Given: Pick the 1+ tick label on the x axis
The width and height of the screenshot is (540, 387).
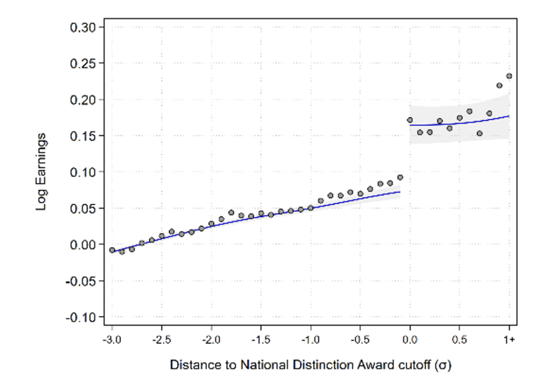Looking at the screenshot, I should click(x=509, y=340).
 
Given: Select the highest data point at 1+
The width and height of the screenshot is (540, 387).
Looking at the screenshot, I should click(x=509, y=76).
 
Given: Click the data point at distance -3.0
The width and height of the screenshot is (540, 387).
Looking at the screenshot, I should click(x=112, y=250).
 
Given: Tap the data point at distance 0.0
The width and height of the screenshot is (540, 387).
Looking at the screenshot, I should click(x=410, y=120).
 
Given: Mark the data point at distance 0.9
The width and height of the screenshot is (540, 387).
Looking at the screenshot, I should click(x=499, y=85).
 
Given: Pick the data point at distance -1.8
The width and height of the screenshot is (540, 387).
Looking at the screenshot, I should click(x=231, y=213).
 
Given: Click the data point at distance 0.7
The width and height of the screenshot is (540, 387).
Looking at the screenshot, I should click(x=479, y=133).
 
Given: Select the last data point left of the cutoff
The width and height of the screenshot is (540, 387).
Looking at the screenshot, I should click(x=400, y=177).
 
